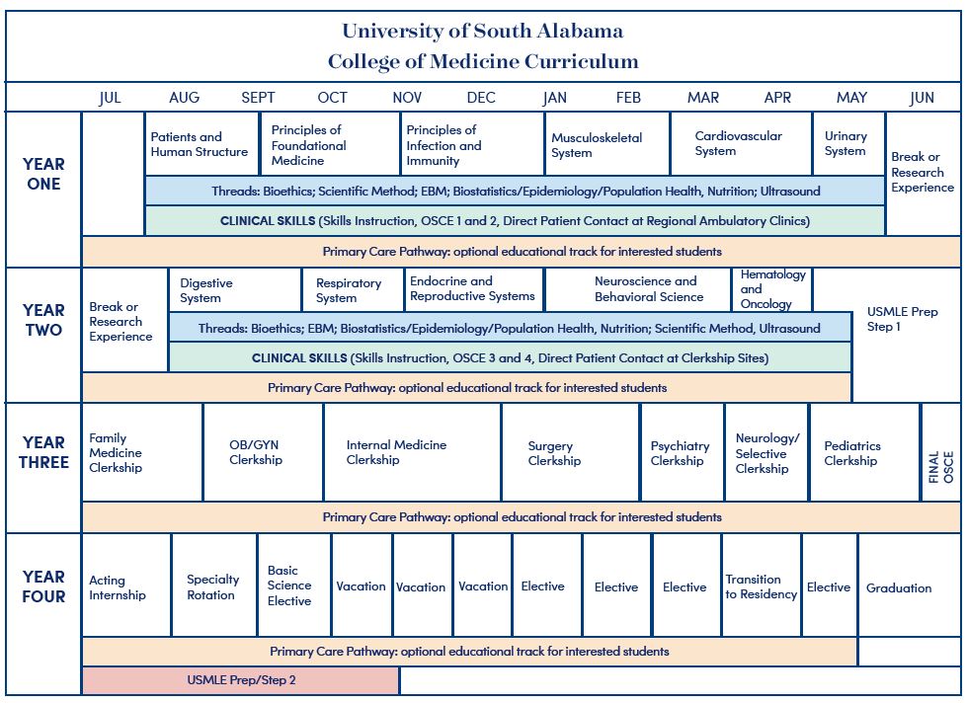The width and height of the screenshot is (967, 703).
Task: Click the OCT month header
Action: (333, 98)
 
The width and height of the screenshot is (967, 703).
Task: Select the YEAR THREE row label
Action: (43, 452)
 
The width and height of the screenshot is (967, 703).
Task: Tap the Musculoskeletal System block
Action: (607, 144)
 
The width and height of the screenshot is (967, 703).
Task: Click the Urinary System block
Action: (849, 144)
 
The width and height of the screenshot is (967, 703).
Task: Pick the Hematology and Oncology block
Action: (771, 289)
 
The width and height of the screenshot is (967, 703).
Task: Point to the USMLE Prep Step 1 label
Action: (902, 319)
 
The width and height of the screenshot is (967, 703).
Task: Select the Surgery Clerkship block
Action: (571, 452)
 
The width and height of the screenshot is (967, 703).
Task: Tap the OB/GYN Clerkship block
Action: (264, 452)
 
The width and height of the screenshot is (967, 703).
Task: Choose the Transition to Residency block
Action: (762, 586)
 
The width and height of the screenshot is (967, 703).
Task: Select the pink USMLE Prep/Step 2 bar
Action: (241, 680)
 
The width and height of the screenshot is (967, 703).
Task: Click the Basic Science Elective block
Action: (294, 586)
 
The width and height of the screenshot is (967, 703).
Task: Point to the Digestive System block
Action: (235, 290)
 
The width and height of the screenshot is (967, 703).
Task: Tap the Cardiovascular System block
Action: (741, 144)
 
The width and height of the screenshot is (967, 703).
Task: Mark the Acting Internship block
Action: (126, 586)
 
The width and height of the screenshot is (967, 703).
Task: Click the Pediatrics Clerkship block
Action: (864, 452)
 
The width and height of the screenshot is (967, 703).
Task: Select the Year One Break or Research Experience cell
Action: (923, 172)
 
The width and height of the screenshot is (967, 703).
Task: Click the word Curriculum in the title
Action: (582, 61)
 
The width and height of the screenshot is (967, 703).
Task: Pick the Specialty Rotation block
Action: (214, 586)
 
